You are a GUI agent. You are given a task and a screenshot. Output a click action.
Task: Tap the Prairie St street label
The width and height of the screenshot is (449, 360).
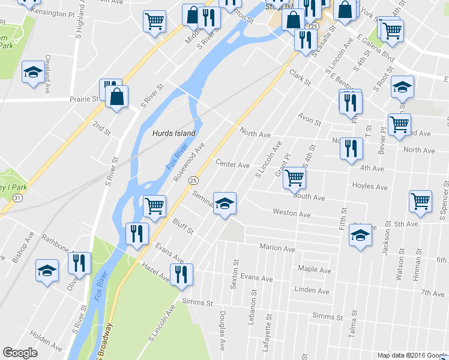point(83,99)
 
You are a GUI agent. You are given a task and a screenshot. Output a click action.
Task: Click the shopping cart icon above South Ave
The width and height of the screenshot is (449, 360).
point(294,178)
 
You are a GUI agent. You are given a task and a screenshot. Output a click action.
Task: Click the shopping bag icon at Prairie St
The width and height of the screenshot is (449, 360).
point(117,97)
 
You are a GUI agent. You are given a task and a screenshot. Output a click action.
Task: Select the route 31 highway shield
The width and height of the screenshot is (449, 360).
point(19,197)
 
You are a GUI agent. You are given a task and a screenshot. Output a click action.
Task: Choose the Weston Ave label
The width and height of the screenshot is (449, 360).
point(291,213)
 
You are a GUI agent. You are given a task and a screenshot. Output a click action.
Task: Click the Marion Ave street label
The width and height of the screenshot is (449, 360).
point(277,248)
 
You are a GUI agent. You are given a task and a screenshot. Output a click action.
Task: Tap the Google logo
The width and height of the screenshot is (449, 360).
point(20,353)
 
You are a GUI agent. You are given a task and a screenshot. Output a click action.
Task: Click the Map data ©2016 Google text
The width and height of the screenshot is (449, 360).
point(412,355)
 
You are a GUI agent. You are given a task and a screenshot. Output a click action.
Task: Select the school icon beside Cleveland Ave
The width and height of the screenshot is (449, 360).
point(32,72)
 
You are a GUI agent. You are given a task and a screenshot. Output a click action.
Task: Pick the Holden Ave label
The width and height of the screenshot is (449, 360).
point(46,341)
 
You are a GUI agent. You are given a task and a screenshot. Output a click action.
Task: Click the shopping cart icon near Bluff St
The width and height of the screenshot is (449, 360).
point(155,206)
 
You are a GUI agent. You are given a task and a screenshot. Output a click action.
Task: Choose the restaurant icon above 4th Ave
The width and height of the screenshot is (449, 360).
point(351,148)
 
